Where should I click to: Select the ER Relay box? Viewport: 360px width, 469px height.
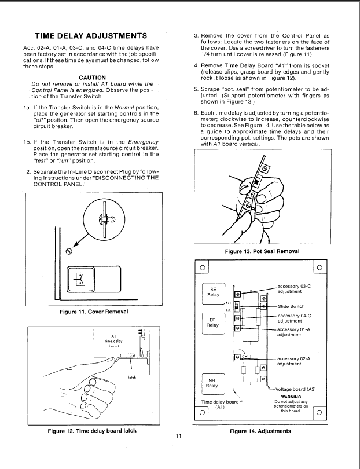[212, 323]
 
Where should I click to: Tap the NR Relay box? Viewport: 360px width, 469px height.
[212, 383]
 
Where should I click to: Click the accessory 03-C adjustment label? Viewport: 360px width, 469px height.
[296, 289]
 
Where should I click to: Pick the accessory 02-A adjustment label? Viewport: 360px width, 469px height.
[296, 361]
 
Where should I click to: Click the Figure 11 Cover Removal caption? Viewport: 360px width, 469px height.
[94, 312]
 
